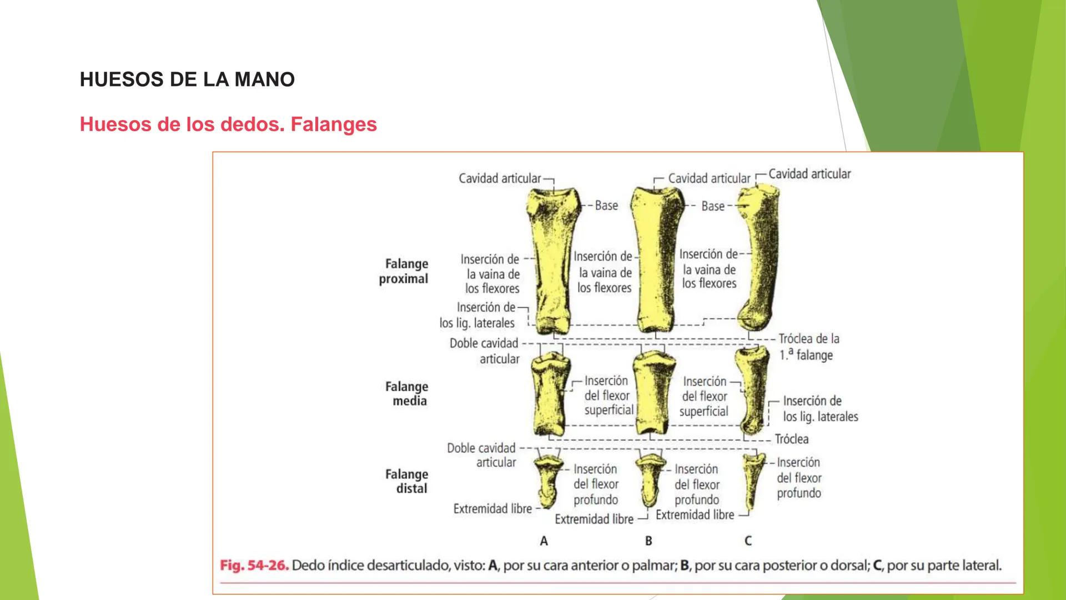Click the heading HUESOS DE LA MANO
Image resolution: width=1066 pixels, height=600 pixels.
187,79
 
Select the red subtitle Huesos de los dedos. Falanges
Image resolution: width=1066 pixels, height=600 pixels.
228,124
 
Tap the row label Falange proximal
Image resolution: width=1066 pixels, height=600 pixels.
404,271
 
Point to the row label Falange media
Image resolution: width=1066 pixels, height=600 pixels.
407,393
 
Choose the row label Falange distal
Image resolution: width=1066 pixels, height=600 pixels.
407,481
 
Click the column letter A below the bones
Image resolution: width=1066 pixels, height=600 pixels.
544,541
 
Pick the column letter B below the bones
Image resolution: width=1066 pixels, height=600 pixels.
648,541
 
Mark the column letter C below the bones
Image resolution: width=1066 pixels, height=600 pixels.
748,541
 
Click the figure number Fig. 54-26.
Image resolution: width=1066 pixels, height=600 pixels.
254,566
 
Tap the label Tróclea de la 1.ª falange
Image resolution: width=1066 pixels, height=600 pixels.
808,347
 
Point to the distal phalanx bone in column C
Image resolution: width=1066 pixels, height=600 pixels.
751,481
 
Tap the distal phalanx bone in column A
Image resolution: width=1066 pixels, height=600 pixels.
547,479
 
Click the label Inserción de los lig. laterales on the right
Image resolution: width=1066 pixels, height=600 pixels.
820,409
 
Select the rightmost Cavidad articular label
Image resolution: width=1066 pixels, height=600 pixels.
809,174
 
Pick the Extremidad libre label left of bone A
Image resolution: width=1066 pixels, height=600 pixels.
492,509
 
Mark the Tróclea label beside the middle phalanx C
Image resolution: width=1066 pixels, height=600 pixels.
792,439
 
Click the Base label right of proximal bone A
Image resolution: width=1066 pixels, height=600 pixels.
606,206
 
